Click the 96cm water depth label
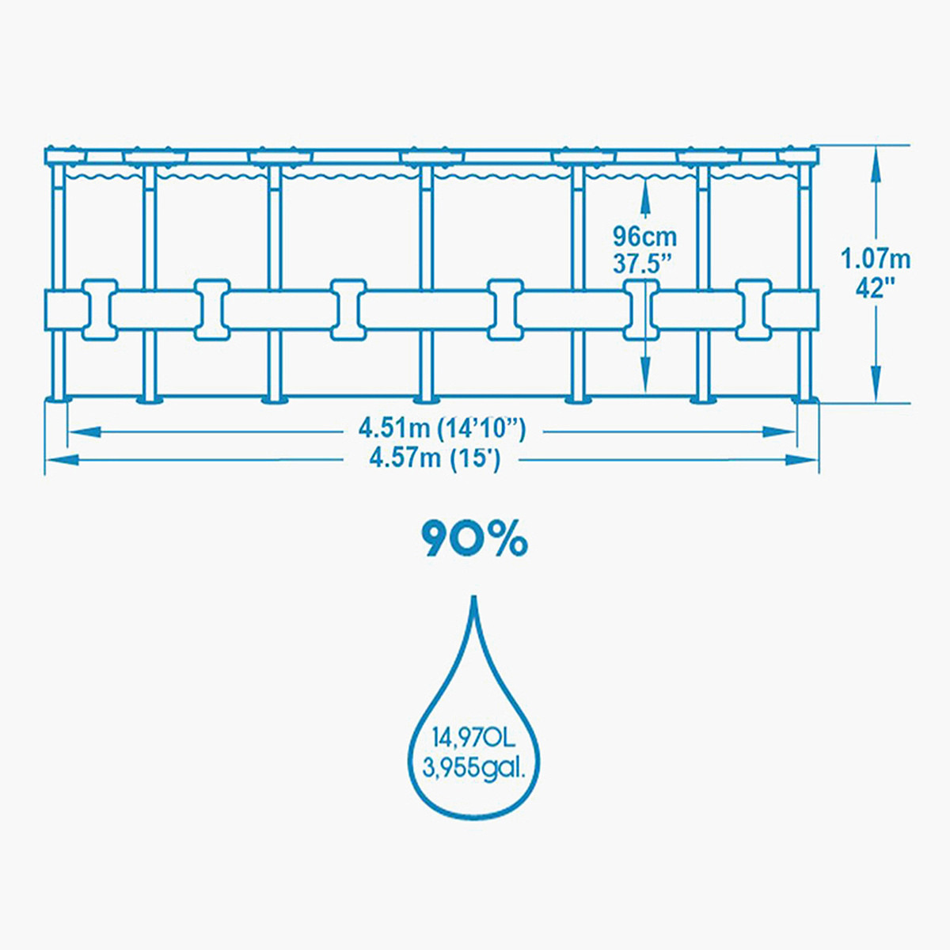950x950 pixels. coord(645,237)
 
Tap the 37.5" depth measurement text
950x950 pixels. coord(643,264)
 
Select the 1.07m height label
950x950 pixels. coord(876,260)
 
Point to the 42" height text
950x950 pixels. coord(876,287)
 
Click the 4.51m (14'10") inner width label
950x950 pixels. coord(443,429)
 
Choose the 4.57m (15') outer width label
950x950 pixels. coord(435,459)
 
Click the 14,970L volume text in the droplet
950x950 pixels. coord(474,752)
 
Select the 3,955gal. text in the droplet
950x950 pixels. coord(474,782)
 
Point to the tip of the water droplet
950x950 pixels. coord(474,597)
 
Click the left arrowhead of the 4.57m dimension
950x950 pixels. coord(62,461)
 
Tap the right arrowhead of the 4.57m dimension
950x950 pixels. coord(802,461)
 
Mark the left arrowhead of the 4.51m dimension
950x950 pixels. coord(85,432)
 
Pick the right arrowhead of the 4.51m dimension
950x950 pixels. coord(778,432)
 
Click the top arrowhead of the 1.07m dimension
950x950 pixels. coord(876,162)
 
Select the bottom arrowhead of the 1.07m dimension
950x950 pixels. coord(876,386)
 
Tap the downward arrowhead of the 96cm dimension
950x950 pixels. coord(645,376)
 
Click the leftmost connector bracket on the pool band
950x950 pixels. coord(100,310)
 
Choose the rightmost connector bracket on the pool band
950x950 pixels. coord(754,310)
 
